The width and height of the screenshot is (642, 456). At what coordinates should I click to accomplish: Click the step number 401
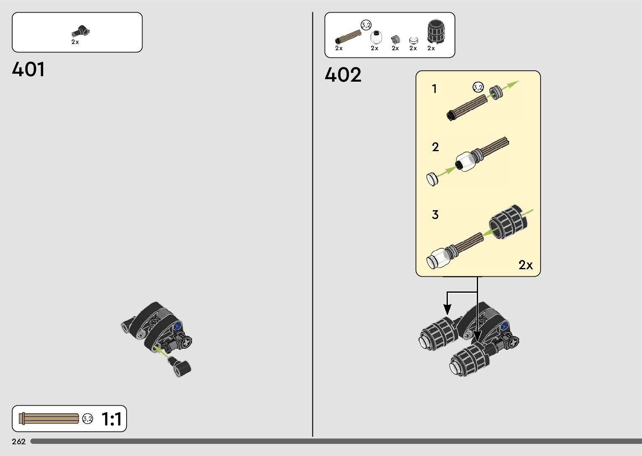click(x=29, y=70)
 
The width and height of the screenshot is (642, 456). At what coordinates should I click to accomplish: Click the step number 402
click(x=343, y=75)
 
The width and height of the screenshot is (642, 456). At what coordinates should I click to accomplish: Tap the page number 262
click(x=19, y=441)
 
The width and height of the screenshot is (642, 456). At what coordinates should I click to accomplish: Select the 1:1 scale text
click(x=111, y=419)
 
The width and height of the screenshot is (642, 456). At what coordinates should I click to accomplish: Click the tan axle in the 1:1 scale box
click(x=49, y=418)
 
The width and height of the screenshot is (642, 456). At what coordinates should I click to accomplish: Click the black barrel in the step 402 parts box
click(x=437, y=32)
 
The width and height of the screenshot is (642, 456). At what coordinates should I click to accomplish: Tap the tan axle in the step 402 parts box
click(x=348, y=36)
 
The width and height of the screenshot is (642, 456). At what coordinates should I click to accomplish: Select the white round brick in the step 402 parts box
click(x=377, y=37)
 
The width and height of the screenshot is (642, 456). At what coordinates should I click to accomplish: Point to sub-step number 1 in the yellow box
click(x=434, y=89)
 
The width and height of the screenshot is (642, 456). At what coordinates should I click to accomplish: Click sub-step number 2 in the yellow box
click(x=435, y=147)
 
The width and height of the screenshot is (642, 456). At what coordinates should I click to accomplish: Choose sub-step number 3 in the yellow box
click(x=435, y=215)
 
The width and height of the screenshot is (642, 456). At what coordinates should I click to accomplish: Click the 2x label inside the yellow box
click(x=525, y=265)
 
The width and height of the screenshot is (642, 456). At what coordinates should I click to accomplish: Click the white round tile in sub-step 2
click(x=432, y=179)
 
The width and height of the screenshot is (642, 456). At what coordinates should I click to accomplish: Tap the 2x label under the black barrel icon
click(x=431, y=48)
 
